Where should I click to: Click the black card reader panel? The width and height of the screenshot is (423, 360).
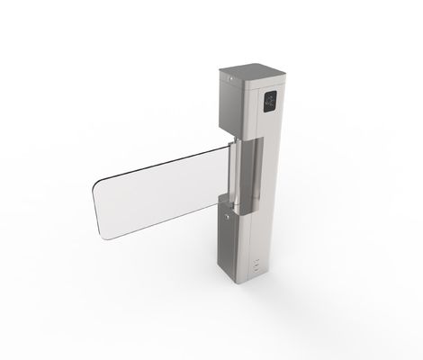click(270, 100)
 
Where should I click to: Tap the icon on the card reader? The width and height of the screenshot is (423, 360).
click(270, 100)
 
